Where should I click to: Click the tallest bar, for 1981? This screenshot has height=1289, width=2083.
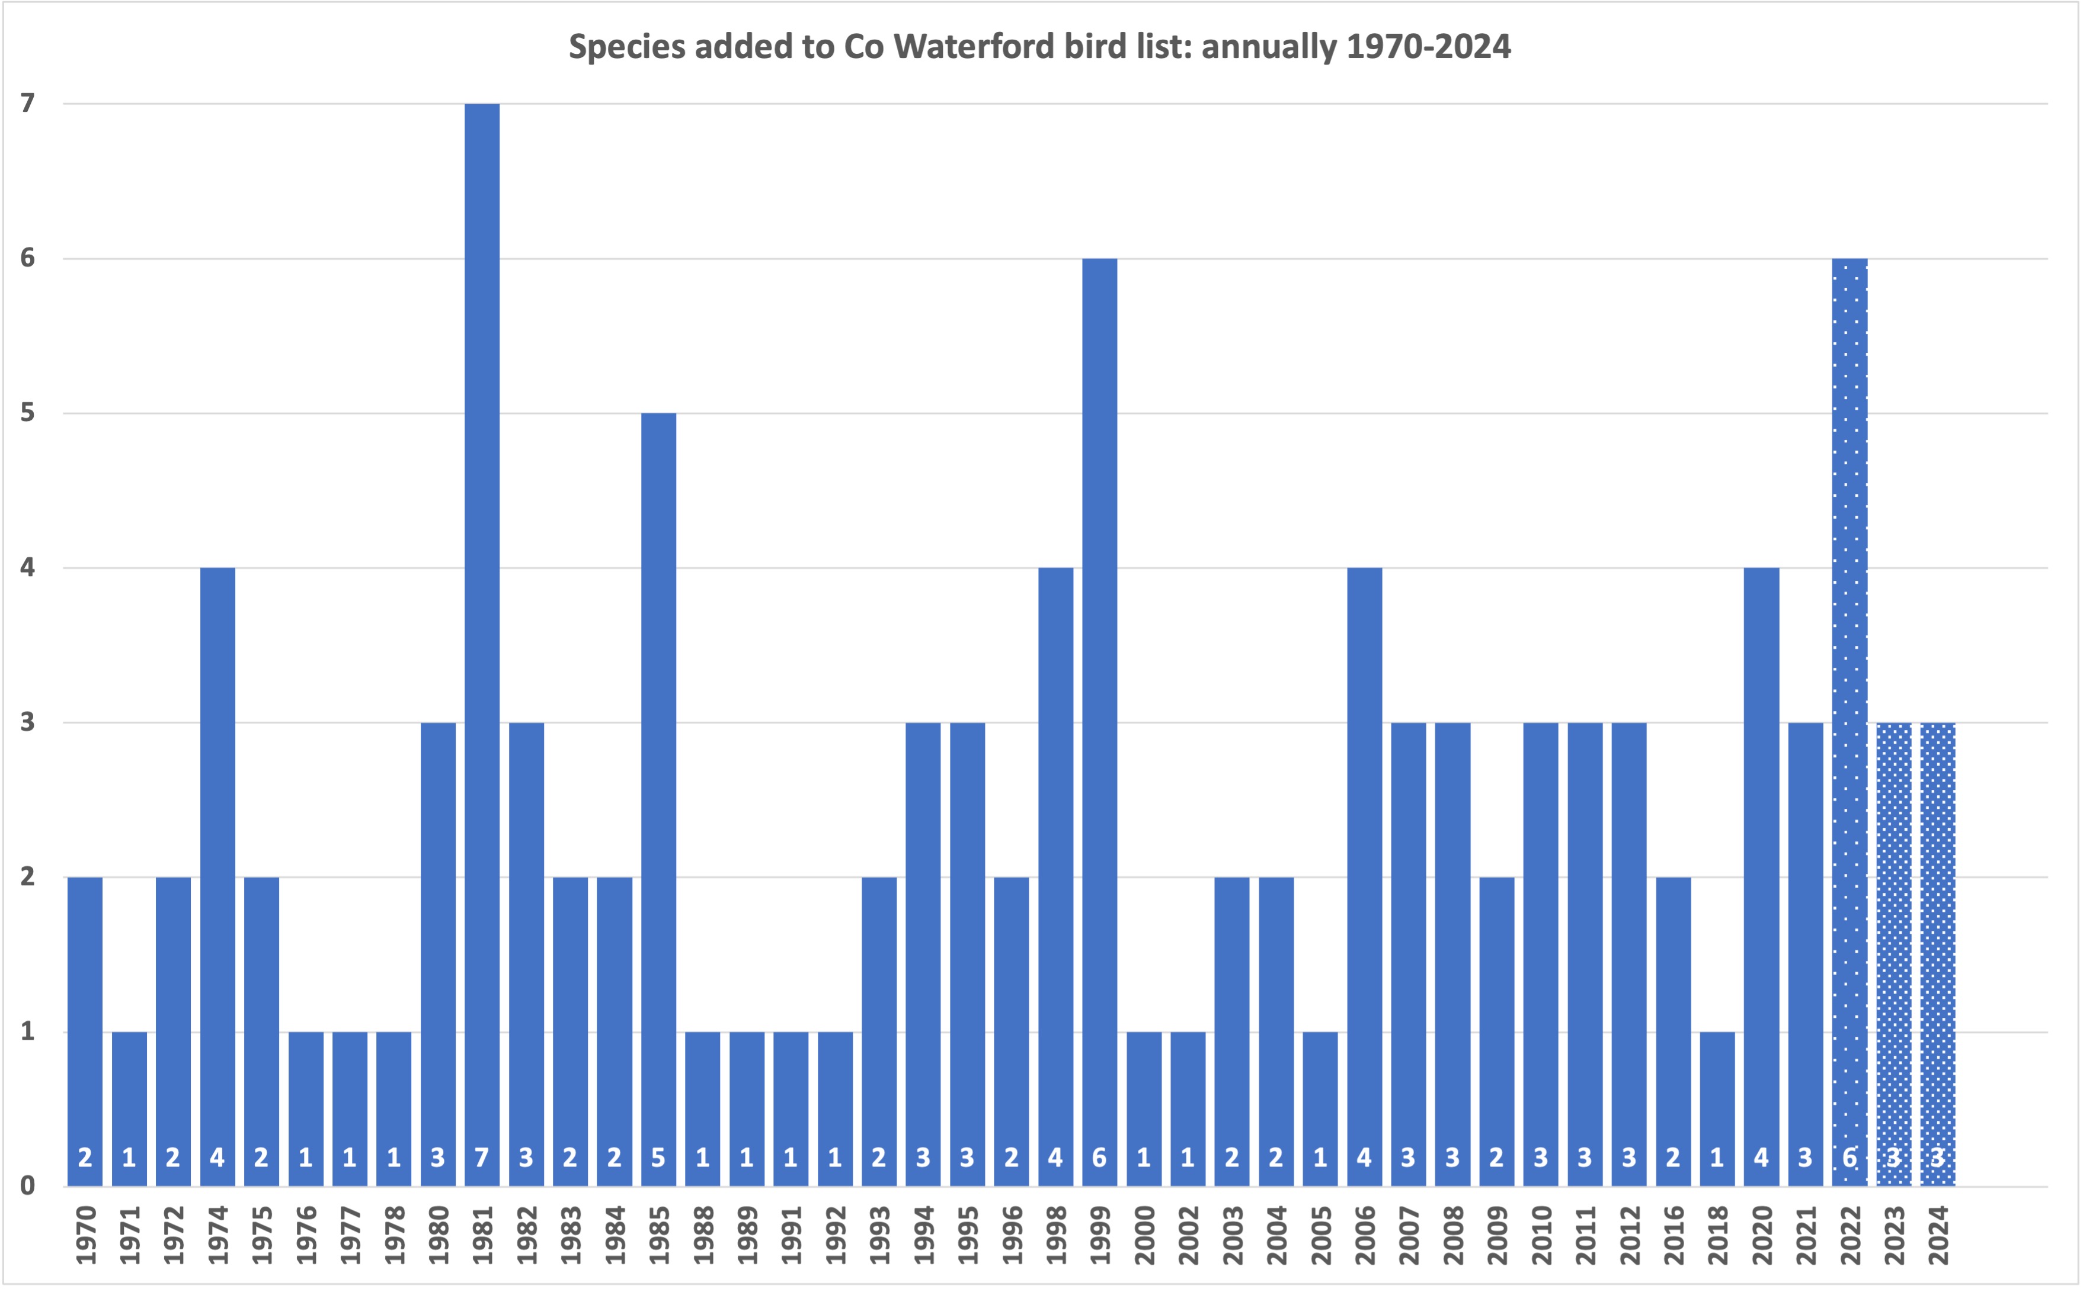click(482, 639)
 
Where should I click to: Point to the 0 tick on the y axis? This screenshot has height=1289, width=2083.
click(28, 1186)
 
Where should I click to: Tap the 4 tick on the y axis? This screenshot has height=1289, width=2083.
click(28, 568)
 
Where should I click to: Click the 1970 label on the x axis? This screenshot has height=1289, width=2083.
click(86, 1235)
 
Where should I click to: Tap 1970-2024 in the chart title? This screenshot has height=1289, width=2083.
click(1428, 46)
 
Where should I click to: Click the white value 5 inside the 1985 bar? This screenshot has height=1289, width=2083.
click(658, 1158)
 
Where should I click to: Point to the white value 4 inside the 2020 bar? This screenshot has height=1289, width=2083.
click(1761, 1158)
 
